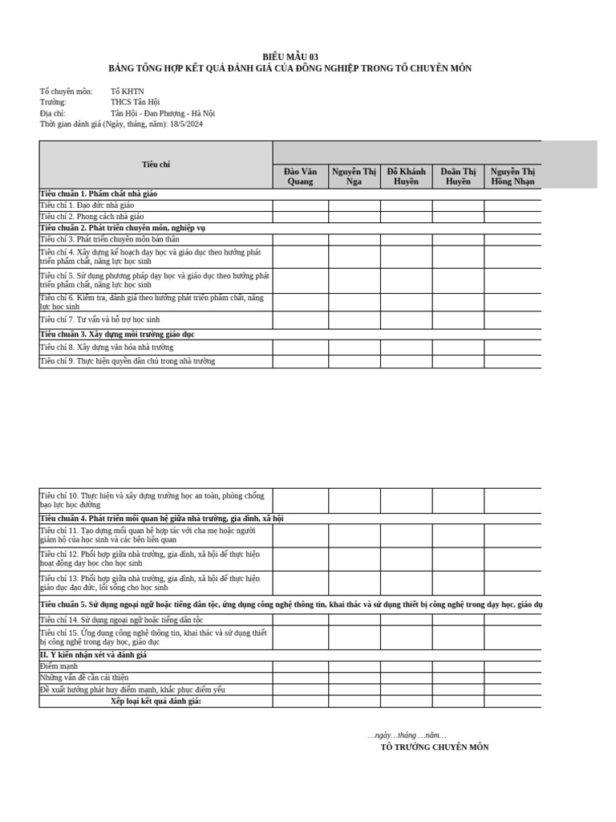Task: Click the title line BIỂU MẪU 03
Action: (x=290, y=57)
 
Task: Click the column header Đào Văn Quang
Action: (x=300, y=177)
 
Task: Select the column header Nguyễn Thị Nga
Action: (x=354, y=177)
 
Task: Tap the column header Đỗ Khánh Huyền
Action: (x=406, y=177)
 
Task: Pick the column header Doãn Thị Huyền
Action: (x=458, y=177)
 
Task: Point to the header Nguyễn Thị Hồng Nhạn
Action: (x=513, y=177)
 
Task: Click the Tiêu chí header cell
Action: (x=156, y=165)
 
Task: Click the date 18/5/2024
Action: (x=186, y=124)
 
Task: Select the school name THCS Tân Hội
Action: (x=136, y=103)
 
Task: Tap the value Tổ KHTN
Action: (x=128, y=92)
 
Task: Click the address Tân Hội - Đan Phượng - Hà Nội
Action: (x=163, y=113)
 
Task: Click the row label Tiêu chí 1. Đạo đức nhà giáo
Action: (x=87, y=205)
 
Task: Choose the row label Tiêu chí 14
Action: (x=122, y=620)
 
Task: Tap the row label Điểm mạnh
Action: (x=59, y=666)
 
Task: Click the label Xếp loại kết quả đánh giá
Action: (x=156, y=701)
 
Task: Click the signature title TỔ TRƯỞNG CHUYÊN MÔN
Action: (x=434, y=747)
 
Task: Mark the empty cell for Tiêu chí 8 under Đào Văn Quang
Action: (x=300, y=348)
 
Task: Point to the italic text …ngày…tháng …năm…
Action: (x=407, y=735)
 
